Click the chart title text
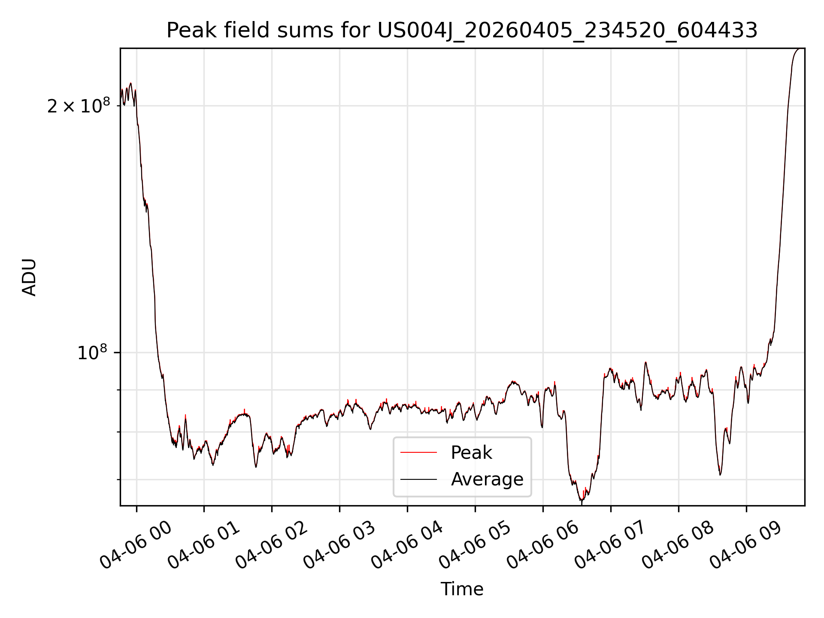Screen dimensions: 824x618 point(462,30)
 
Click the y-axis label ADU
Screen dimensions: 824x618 point(29,277)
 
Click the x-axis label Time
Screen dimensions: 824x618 point(462,589)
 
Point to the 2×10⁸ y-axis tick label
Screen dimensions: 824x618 point(79,106)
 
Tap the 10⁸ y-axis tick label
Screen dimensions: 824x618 point(92,353)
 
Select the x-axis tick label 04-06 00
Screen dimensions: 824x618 point(136,545)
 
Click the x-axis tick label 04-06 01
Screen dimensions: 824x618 point(203,545)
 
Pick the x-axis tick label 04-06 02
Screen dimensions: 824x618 point(271,545)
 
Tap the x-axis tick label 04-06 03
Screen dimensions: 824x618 point(339,545)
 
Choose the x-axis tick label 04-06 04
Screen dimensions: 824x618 point(407,545)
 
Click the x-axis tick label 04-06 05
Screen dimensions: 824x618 point(475,545)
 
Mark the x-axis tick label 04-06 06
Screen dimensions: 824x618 point(542,545)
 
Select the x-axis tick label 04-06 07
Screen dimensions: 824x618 point(610,545)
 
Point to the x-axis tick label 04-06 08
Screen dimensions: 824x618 point(678,545)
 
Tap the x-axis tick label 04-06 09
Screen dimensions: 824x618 point(746,545)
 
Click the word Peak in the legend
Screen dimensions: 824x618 point(471,453)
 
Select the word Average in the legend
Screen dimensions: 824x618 point(487,479)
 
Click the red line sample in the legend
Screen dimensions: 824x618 point(418,452)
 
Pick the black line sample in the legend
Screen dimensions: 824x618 point(418,479)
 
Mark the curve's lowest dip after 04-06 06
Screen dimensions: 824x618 point(582,500)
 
